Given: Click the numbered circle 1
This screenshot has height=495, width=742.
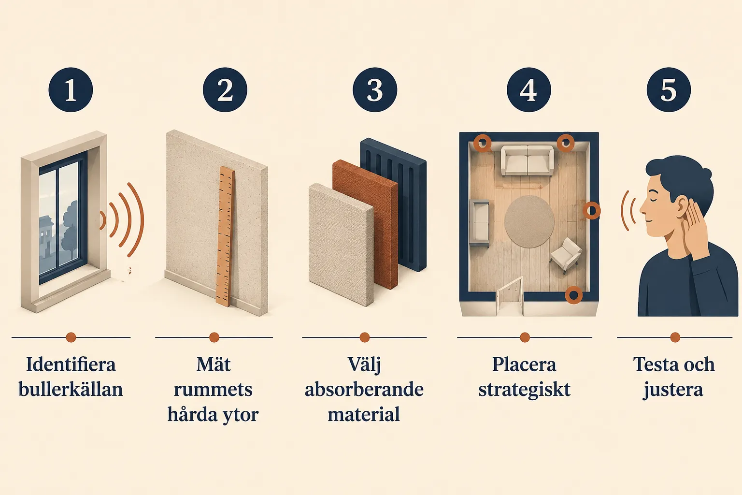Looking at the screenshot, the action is (71, 89).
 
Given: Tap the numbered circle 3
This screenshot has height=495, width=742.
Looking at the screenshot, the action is (375, 89).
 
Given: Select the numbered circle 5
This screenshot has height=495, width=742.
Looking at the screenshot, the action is (669, 89).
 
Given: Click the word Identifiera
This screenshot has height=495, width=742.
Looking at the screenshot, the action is (71, 364).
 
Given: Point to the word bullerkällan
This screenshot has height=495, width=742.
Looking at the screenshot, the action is (71, 389).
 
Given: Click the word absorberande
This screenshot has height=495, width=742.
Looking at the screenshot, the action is (364, 389).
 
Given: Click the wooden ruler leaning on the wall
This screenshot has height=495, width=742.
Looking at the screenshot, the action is (225, 237).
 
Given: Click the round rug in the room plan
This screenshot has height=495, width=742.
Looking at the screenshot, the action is (529, 221).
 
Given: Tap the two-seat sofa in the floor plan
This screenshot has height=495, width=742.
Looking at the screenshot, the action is (527, 160).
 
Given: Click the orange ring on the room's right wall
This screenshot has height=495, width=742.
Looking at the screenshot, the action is (591, 210).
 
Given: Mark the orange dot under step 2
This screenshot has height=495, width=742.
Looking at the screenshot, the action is (214, 337).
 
